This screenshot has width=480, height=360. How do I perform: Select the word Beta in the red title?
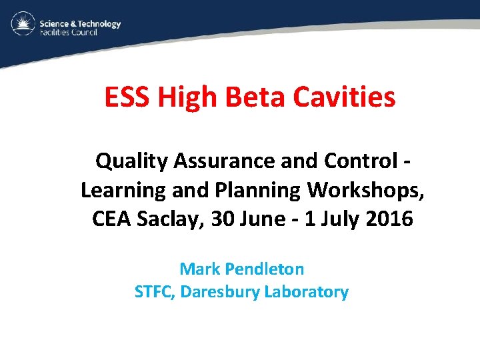coord(251,98)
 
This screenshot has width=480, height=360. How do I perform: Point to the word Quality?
coord(133,161)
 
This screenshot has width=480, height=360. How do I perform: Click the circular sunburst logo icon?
coord(22,25)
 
